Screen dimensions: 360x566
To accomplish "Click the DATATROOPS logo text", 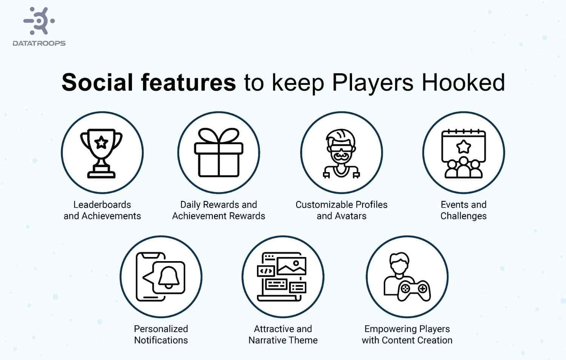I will (x=39, y=43).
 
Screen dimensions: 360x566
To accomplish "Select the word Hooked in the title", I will (x=463, y=82).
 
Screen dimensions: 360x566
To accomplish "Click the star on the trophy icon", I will (x=101, y=143).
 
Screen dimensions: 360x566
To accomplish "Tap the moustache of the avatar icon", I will (x=341, y=155).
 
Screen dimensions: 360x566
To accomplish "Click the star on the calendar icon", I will (x=463, y=146).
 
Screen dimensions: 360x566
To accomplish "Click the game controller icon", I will (x=414, y=290).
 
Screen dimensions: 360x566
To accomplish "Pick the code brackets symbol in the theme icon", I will (x=266, y=271).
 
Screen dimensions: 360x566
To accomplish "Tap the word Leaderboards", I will (x=102, y=205).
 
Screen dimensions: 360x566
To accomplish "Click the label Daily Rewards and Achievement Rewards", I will (x=218, y=210).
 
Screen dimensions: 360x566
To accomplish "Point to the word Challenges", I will (x=463, y=216).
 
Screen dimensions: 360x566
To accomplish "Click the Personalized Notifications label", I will (x=161, y=334).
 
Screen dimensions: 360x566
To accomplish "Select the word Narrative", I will (x=266, y=340).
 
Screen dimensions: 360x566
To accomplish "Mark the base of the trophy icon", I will (x=102, y=174).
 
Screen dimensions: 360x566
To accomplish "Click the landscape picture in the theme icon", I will (x=291, y=266).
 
